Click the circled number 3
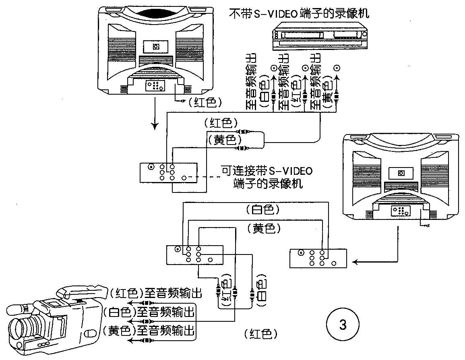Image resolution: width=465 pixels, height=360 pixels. pyautogui.click(x=343, y=325)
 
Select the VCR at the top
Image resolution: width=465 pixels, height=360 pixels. pyautogui.click(x=320, y=35)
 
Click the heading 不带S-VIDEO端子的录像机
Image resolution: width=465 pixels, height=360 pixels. pyautogui.click(x=299, y=14)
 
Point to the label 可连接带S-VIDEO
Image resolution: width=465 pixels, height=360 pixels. pyautogui.click(x=267, y=171)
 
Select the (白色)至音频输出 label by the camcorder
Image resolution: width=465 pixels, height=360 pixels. pyautogui.click(x=149, y=312)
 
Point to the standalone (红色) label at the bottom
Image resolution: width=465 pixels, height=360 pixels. pyautogui.click(x=261, y=334)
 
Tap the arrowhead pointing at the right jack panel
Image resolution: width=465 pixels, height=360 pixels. pyautogui.click(x=355, y=262)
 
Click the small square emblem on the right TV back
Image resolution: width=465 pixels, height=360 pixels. pyautogui.click(x=401, y=173)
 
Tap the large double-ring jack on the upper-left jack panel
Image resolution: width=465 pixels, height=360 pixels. pyautogui.click(x=151, y=167)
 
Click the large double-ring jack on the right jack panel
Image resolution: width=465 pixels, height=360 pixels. pyautogui.click(x=301, y=253)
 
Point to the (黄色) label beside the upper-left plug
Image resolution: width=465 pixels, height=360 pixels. pyautogui.click(x=224, y=139)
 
